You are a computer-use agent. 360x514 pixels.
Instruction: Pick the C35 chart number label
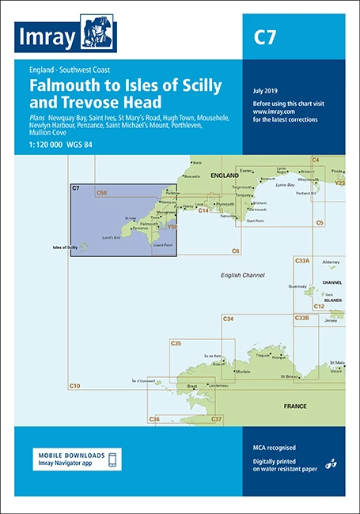176,343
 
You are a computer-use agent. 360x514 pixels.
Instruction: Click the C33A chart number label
301,260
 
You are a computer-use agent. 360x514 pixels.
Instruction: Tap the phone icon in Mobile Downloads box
114,460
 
